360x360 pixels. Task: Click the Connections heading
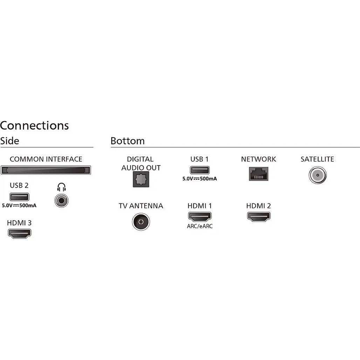tap(34, 126)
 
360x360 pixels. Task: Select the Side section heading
tap(10, 141)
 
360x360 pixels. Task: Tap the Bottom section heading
tap(128, 141)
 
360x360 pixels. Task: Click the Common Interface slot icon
tap(46, 170)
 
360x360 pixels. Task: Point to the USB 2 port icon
tap(19, 197)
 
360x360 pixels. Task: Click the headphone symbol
tap(62, 187)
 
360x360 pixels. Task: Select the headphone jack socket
tap(62, 201)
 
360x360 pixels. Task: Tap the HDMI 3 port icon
tap(20, 234)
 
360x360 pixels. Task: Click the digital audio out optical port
tap(141, 179)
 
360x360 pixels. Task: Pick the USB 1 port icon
tap(200, 170)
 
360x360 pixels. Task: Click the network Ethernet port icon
tap(258, 174)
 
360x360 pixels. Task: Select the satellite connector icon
tap(318, 175)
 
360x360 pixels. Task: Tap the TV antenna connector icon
tap(141, 222)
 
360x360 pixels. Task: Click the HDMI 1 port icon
tap(200, 216)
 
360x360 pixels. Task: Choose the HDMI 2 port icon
tap(259, 216)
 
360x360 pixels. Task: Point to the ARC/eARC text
tap(200, 226)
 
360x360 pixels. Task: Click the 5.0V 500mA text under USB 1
tap(200, 179)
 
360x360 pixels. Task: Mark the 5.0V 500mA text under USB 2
tap(19, 206)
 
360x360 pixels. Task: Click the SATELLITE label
tap(317, 159)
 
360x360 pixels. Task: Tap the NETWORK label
tap(258, 159)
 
